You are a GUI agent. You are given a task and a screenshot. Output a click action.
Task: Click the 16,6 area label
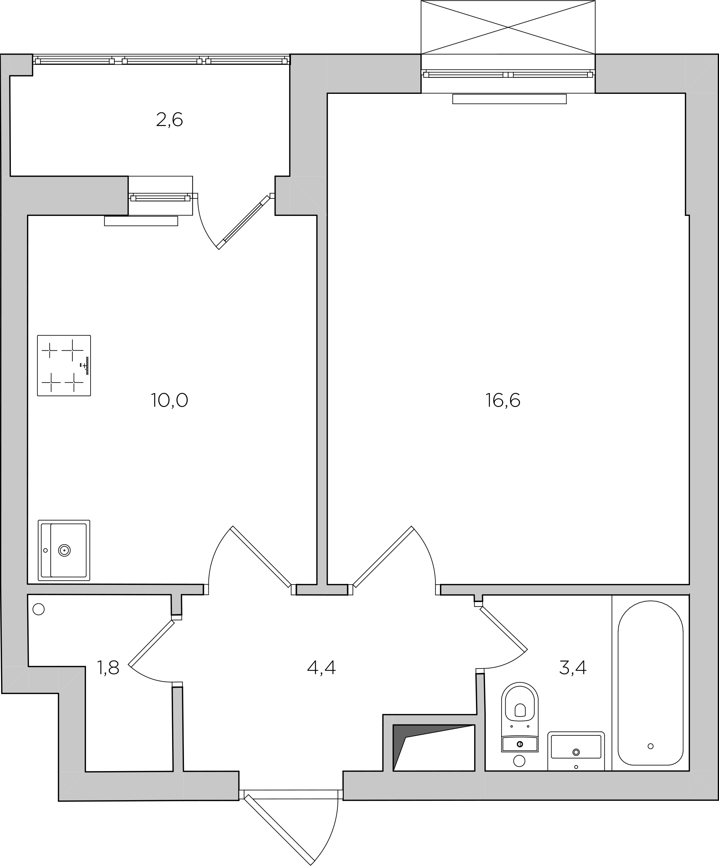click(503, 400)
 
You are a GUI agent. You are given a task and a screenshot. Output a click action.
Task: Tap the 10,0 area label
click(170, 400)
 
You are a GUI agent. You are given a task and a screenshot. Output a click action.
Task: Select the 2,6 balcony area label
click(170, 120)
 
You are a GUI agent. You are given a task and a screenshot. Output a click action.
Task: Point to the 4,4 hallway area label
click(321, 667)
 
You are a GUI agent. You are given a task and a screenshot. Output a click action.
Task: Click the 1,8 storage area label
click(108, 667)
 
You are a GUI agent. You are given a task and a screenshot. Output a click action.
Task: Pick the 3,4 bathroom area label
click(573, 667)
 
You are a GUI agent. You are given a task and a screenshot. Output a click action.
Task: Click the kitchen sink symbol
click(64, 550)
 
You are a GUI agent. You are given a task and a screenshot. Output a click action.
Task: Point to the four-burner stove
click(64, 366)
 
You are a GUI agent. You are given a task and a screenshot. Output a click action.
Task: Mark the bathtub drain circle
click(650, 746)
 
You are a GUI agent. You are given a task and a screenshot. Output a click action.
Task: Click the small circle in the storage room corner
click(38, 609)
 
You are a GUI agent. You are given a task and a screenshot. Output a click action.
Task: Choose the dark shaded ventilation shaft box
click(434, 748)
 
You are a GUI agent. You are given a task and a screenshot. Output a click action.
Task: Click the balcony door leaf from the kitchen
click(243, 223)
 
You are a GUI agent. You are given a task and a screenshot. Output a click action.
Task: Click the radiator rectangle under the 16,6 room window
click(510, 99)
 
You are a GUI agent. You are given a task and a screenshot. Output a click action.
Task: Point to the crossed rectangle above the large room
click(508, 27)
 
